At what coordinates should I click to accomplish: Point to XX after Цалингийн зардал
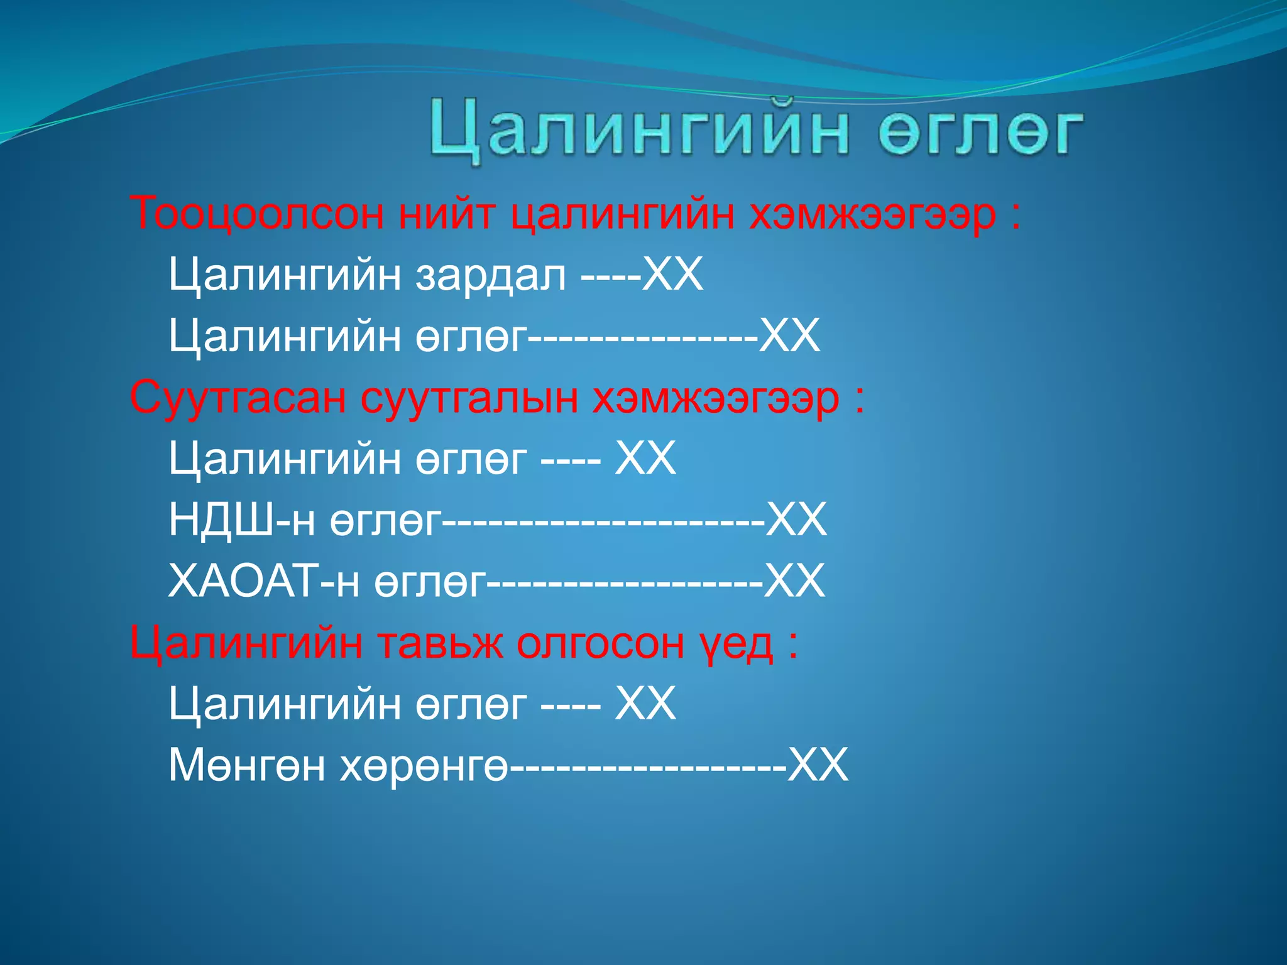click(x=672, y=275)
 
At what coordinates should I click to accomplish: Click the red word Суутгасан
click(x=238, y=398)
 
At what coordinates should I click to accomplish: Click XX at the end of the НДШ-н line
click(x=796, y=520)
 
